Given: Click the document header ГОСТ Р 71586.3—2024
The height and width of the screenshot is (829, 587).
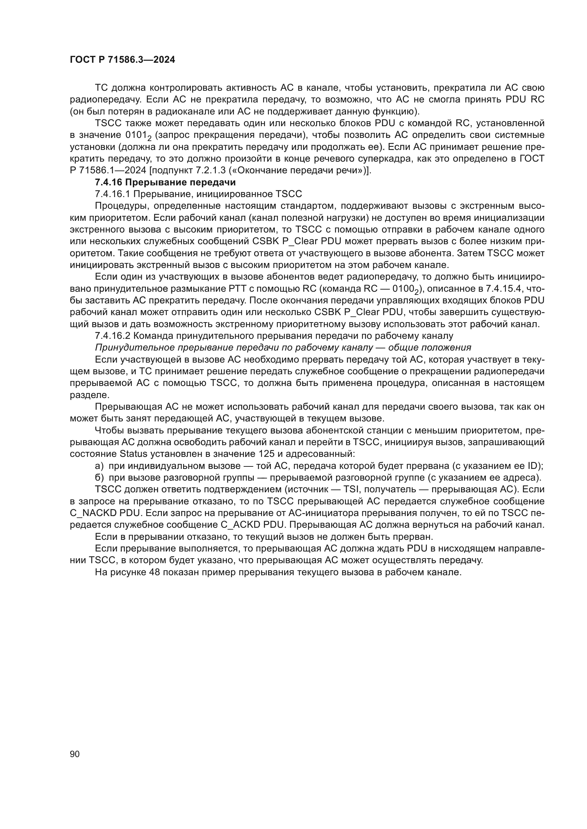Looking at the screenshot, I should [122, 60].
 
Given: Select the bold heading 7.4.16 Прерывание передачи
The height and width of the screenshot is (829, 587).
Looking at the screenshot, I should [165, 182].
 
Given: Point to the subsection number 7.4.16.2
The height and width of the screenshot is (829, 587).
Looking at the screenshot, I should [113, 336].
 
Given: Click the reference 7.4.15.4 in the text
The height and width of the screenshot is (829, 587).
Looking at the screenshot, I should [506, 289].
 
